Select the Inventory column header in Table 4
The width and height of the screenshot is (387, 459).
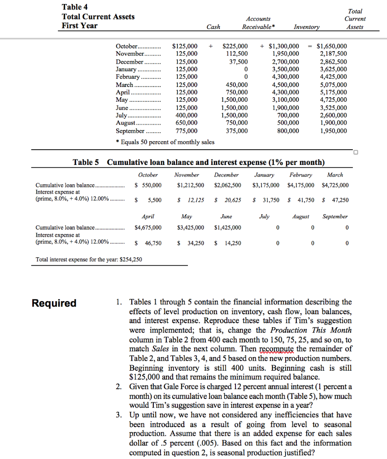[x=307, y=27]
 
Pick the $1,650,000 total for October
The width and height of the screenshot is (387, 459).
[x=331, y=46]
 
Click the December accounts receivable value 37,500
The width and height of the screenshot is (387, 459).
[x=238, y=62]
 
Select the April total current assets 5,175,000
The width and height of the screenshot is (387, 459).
[x=331, y=92]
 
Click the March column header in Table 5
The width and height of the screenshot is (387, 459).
[x=335, y=175]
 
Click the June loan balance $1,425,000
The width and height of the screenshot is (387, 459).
[x=227, y=227]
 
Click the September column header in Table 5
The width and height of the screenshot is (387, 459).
[x=335, y=217]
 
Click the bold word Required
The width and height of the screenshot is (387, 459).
[x=54, y=303]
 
